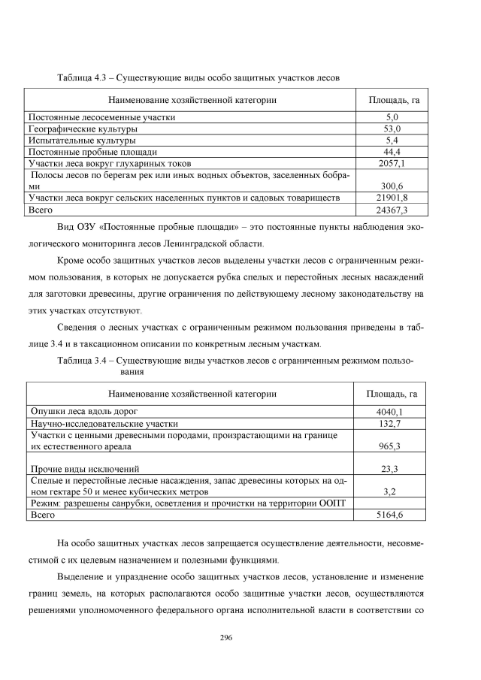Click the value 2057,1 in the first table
[x=392, y=163]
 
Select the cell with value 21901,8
[x=392, y=198]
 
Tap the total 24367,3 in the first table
[x=392, y=210]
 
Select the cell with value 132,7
[x=389, y=424]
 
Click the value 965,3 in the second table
[x=389, y=446]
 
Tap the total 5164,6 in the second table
[x=389, y=515]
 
